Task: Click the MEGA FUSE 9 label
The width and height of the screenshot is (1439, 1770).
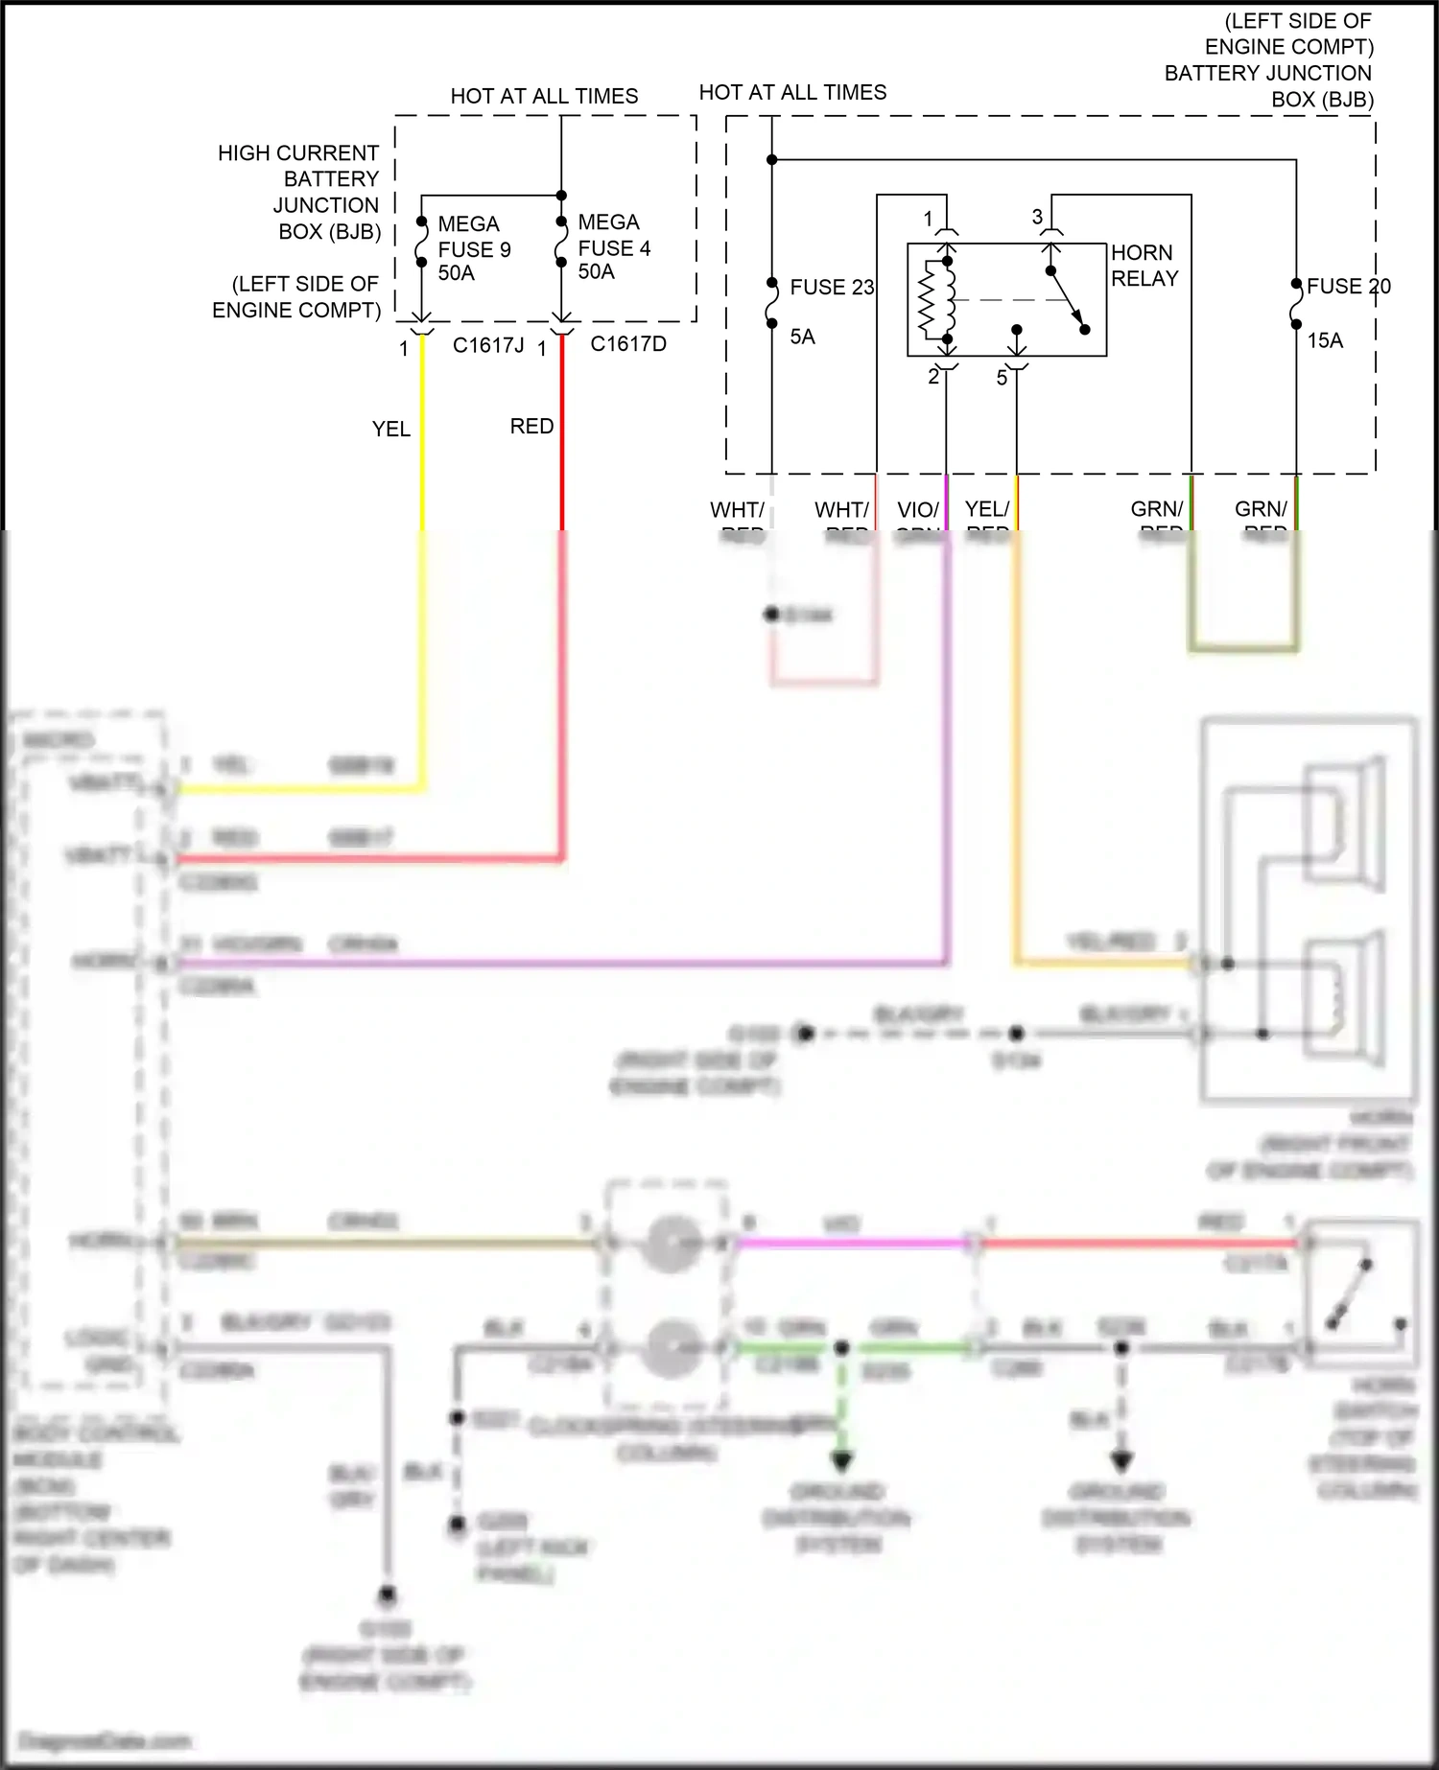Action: (x=474, y=249)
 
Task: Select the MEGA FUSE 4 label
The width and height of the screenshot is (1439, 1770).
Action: (x=614, y=247)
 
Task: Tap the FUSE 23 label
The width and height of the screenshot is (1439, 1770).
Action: (x=831, y=288)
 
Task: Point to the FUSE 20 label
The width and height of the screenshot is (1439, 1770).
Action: (x=1347, y=286)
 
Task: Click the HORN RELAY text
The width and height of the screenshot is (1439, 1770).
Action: (x=1144, y=266)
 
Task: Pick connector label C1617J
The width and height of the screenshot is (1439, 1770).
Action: (x=488, y=345)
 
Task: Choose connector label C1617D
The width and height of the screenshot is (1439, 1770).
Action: (x=628, y=344)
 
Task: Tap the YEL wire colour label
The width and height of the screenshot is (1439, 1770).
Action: (x=391, y=430)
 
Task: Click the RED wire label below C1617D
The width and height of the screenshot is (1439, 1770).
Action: (x=531, y=426)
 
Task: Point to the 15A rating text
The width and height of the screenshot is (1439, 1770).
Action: (x=1325, y=340)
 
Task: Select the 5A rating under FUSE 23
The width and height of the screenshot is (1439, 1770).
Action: (x=802, y=337)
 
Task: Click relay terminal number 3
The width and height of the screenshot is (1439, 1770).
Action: (x=1037, y=218)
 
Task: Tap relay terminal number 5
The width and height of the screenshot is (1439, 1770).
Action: (x=1002, y=378)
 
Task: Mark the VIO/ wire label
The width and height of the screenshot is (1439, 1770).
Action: (x=918, y=510)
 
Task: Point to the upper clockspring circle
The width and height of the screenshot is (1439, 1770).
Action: (x=671, y=1243)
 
